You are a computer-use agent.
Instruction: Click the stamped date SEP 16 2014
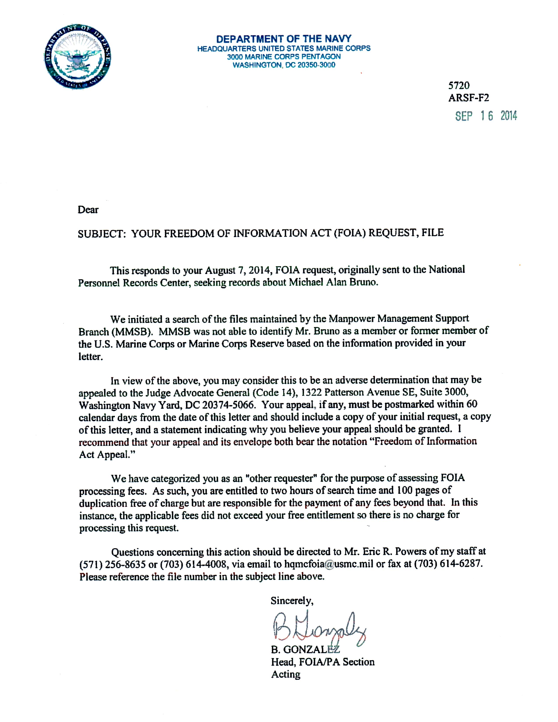click(x=486, y=116)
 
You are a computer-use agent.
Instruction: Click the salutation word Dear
click(x=88, y=210)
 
